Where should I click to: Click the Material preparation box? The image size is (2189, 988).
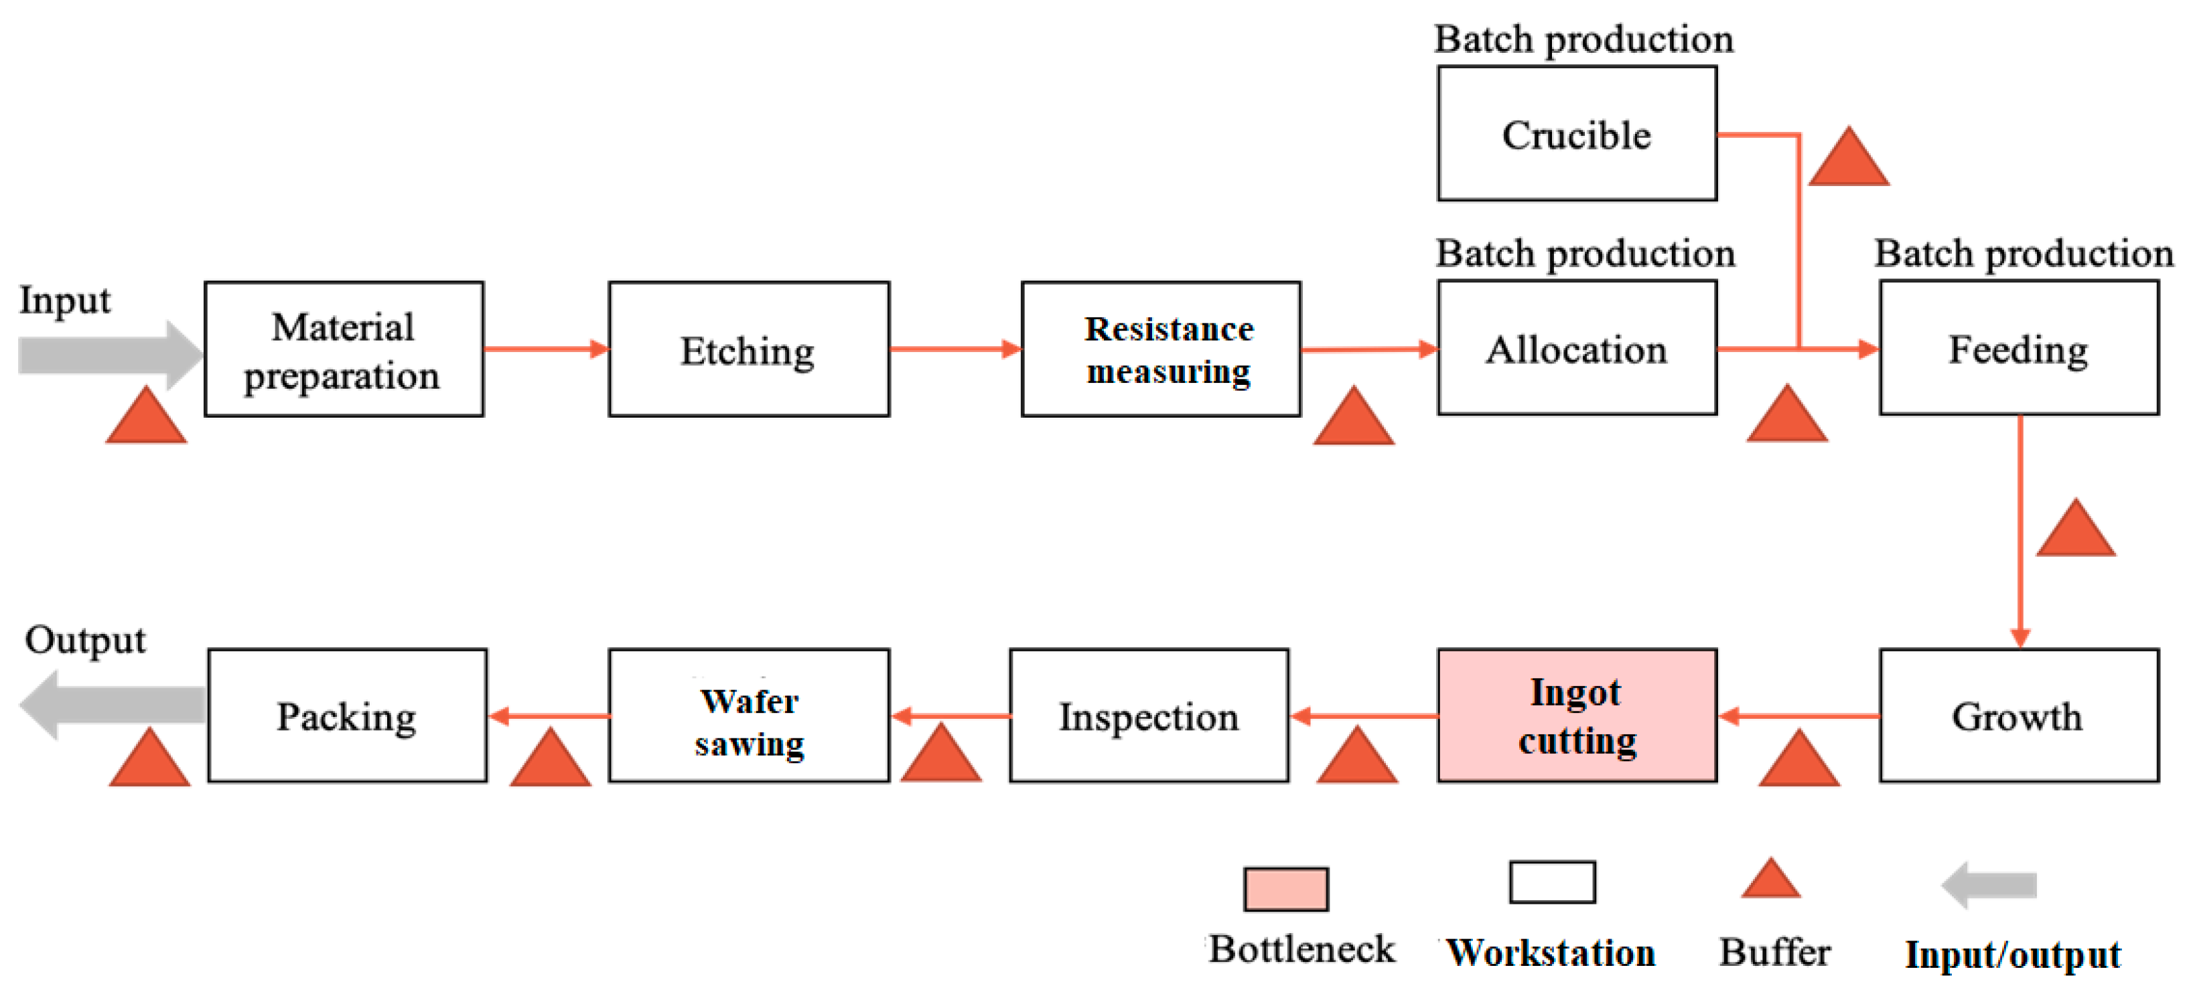coord(344,349)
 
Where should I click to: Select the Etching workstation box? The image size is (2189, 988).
coord(748,349)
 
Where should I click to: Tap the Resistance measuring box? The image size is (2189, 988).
coord(1160,349)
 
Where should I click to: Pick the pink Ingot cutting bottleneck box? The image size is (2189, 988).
coord(1576,716)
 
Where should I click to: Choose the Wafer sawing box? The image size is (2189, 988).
coord(748,716)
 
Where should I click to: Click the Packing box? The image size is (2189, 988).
coord(347,716)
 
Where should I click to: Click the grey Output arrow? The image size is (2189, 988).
coord(111,704)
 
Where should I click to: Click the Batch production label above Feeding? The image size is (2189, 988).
coord(2022,253)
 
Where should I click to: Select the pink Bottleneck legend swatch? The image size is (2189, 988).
coord(1285,889)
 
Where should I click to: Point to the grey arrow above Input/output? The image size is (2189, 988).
coord(1989,885)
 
